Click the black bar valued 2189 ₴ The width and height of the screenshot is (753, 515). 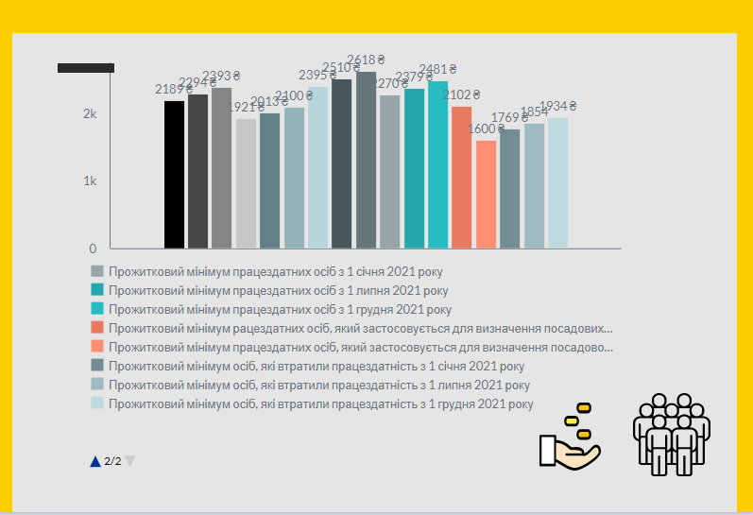click(x=174, y=175)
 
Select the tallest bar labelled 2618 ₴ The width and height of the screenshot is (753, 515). click(x=366, y=160)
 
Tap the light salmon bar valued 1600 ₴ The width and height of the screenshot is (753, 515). click(x=486, y=195)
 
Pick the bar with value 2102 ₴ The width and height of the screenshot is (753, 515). click(x=461, y=178)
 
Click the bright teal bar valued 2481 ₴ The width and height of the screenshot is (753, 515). click(x=437, y=165)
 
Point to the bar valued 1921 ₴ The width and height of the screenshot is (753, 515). click(x=246, y=183)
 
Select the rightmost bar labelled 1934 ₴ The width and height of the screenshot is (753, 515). click(x=557, y=183)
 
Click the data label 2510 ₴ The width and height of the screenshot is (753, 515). click(x=341, y=67)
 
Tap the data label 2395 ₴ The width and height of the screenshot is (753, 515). click(x=317, y=75)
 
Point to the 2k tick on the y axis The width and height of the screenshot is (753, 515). click(x=90, y=113)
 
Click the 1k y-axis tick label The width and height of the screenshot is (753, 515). click(x=90, y=180)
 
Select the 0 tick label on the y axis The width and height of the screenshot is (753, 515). click(x=93, y=249)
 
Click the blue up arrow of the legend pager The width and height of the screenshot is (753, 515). click(x=94, y=461)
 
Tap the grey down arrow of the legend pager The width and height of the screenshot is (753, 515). click(x=130, y=461)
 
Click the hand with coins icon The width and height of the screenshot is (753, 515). click(x=571, y=436)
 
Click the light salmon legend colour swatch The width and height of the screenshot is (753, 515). click(x=97, y=347)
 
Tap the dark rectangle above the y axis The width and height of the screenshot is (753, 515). click(x=86, y=67)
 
